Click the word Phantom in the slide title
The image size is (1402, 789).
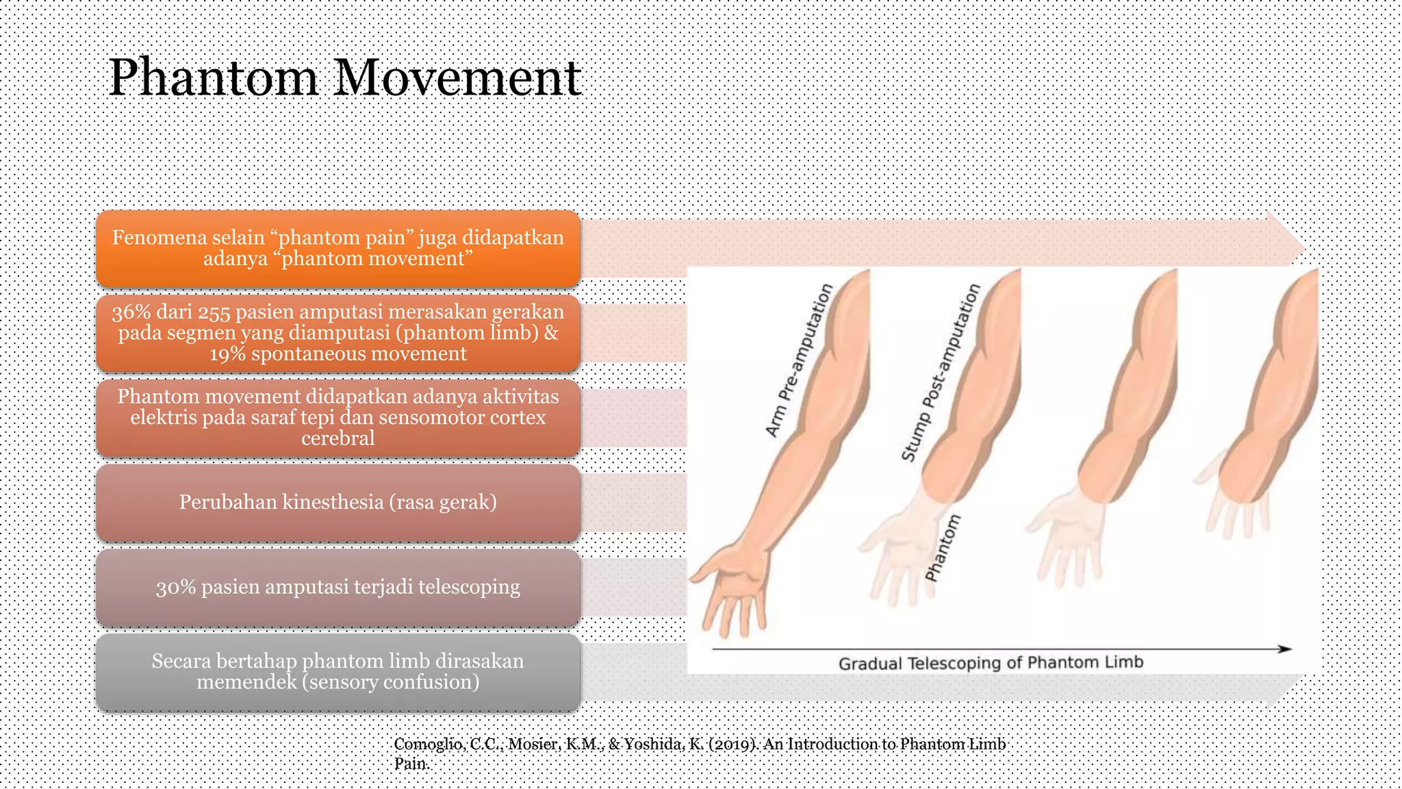[x=214, y=78]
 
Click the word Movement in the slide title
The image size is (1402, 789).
[x=457, y=78]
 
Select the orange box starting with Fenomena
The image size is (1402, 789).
[x=338, y=248]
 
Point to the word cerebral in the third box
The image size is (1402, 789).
[x=338, y=438]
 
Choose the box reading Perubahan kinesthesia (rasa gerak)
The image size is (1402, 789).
[x=338, y=503]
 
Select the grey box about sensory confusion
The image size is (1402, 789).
[x=338, y=672]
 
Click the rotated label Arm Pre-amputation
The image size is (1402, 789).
[x=799, y=360]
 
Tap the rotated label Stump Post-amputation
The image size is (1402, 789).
[x=941, y=373]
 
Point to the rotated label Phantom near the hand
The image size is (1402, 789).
[x=943, y=548]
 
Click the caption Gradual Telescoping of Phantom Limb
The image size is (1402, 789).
[x=991, y=663]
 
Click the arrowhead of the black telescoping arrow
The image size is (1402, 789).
[x=1284, y=649]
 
